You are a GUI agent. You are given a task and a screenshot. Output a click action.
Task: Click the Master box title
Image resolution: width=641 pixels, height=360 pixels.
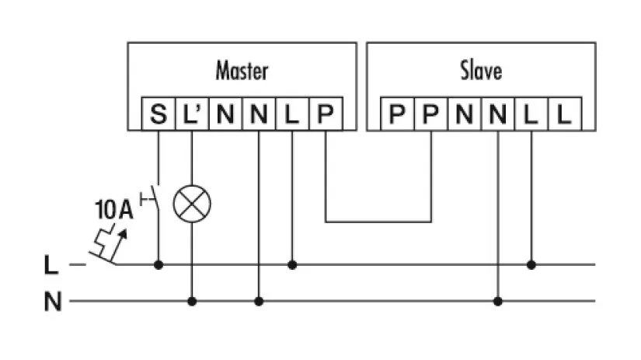[242, 72]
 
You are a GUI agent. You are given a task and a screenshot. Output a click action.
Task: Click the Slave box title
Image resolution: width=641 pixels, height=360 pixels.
[481, 72]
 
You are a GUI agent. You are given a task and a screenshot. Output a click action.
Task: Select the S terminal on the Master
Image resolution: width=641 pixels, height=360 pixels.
[159, 116]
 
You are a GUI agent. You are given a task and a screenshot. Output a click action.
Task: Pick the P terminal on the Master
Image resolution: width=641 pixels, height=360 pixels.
[326, 116]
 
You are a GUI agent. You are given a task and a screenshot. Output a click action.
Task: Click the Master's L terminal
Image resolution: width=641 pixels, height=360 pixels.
[292, 116]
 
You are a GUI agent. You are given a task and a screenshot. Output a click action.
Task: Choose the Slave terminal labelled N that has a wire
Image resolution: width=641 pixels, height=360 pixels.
[498, 116]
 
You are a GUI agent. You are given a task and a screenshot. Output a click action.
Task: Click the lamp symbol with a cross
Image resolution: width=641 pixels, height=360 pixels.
[191, 204]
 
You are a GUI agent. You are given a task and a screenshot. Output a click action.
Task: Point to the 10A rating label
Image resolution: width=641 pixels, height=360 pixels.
[113, 209]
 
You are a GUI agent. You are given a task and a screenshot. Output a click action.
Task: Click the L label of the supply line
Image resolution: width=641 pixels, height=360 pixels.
[51, 265]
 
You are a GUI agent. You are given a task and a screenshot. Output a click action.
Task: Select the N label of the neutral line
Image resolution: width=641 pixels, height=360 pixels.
[52, 301]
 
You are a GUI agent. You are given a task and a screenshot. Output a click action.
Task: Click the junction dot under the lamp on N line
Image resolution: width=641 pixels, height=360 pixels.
[191, 300]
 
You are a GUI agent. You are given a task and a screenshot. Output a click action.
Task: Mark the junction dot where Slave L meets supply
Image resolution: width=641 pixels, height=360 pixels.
[531, 264]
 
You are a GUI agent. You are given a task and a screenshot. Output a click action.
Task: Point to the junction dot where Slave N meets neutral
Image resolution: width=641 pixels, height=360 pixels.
[498, 300]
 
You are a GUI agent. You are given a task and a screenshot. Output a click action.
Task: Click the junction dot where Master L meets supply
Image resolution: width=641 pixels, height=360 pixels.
[292, 264]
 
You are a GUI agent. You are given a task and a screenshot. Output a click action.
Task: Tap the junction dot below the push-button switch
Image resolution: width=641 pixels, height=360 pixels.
[159, 264]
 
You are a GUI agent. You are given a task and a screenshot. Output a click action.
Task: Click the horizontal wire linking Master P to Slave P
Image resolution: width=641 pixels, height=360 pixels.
[378, 222]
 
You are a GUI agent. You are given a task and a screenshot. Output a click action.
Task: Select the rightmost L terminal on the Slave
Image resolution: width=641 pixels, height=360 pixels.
[565, 116]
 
